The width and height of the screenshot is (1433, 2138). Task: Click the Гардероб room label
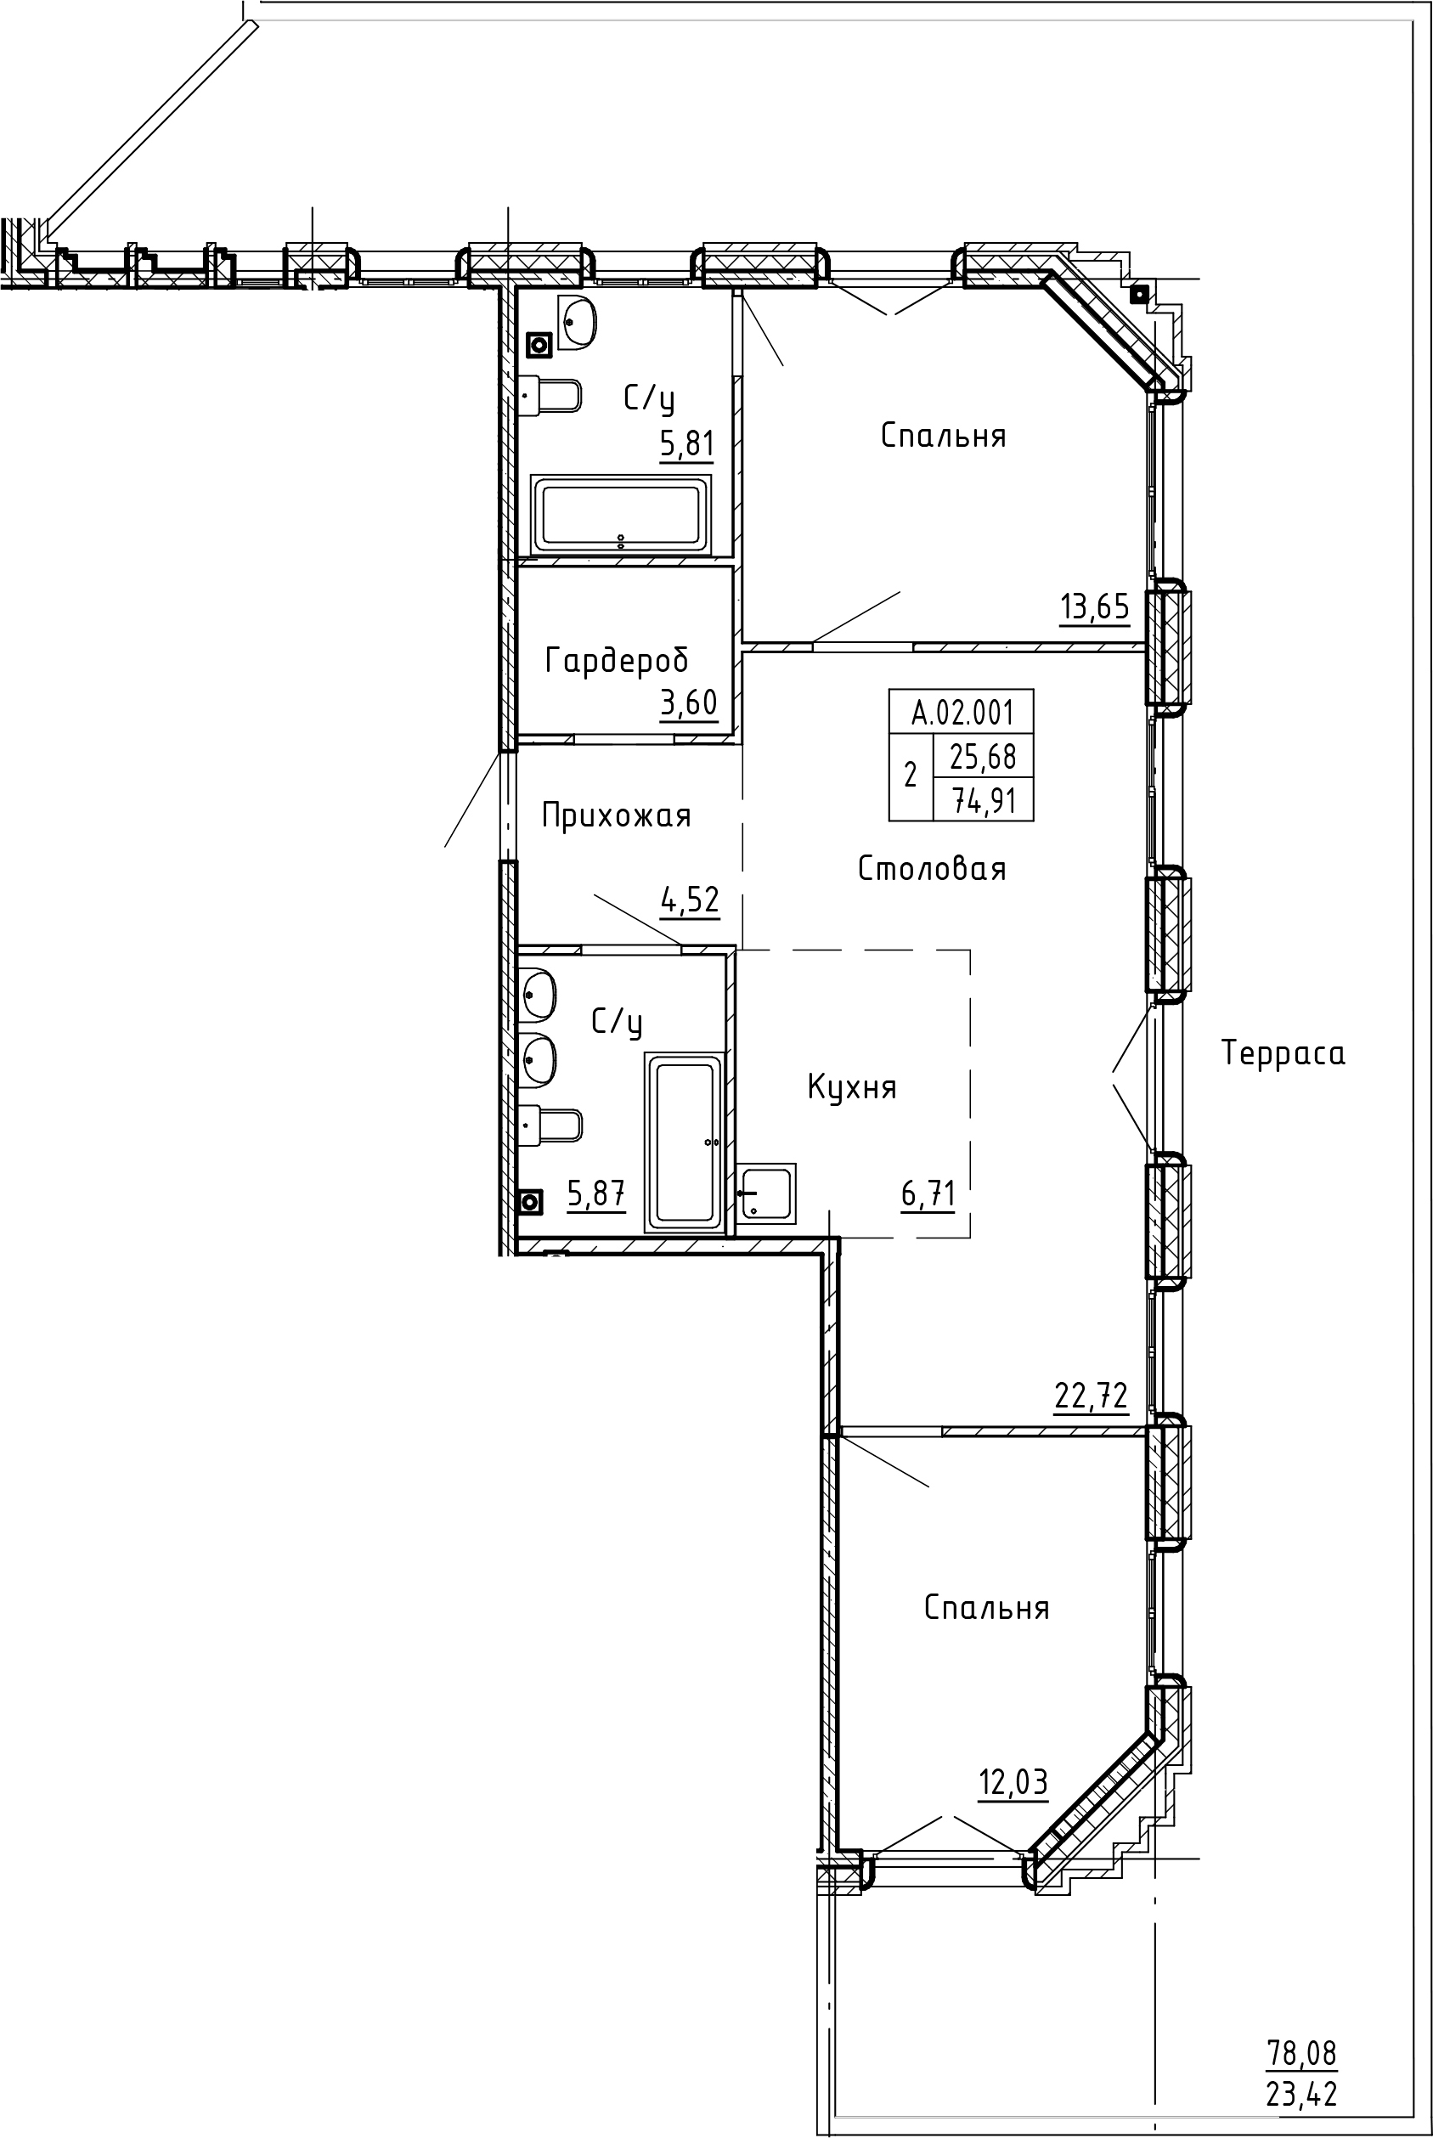coord(616,660)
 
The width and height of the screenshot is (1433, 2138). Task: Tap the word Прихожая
coord(616,815)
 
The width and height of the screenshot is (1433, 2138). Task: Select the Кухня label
coord(852,1087)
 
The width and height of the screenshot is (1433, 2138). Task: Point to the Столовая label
coord(932,868)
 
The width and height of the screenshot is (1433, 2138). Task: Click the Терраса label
coord(1283,1053)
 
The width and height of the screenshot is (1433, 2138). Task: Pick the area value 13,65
coord(1094,606)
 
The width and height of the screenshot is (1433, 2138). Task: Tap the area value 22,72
coord(1092,1396)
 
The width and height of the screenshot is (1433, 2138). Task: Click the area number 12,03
coord(1013,1782)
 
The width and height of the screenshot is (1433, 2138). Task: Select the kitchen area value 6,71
coord(928,1193)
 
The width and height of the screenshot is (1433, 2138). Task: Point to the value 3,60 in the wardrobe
coord(688,702)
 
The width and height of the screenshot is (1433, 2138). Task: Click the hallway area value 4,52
coord(690,900)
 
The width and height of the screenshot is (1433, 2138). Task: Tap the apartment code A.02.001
coord(962,712)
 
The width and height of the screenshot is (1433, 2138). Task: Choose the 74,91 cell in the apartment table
coord(984,800)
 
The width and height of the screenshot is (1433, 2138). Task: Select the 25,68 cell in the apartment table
coord(984,756)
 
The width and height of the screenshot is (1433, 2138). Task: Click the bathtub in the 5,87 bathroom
coord(685,1141)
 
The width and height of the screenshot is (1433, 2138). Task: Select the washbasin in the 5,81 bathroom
coord(578,324)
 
